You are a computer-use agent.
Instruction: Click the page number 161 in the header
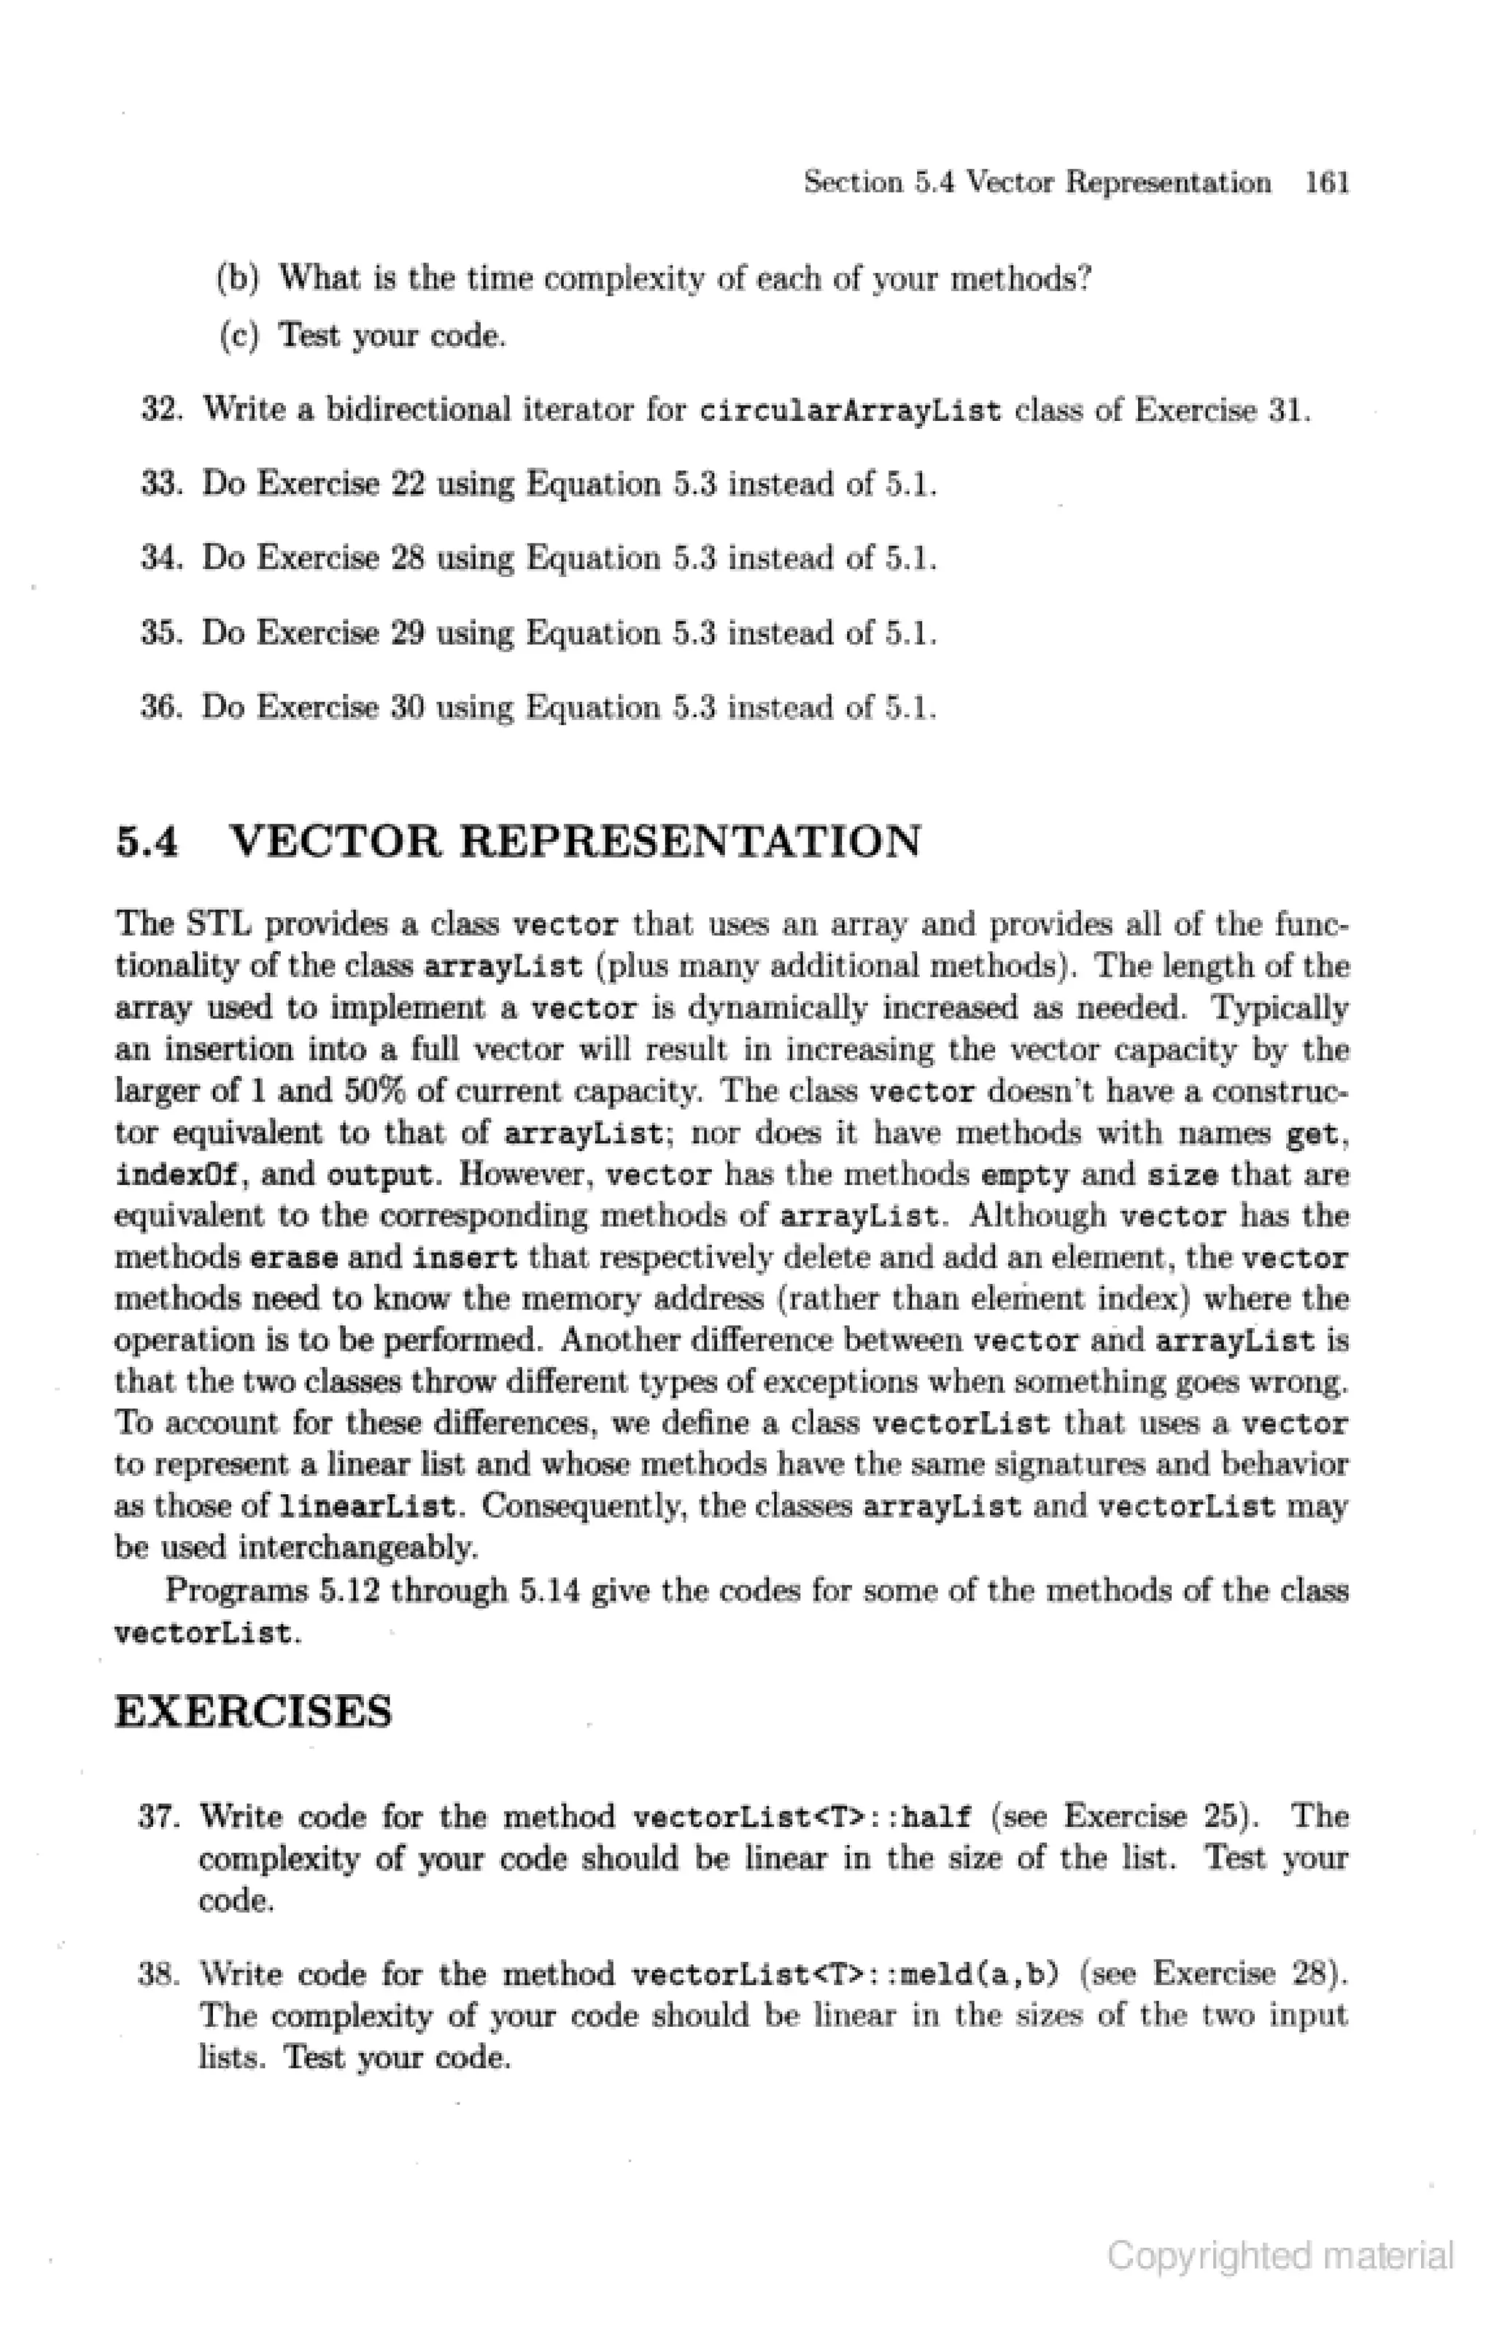point(1327,182)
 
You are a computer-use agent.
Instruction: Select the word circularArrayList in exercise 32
point(850,411)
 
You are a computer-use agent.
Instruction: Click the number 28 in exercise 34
point(408,559)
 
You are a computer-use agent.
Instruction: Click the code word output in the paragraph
point(379,1175)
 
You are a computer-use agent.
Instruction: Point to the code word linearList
point(367,1507)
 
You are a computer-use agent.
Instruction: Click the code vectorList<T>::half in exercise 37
point(801,1817)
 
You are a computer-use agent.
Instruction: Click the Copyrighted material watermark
point(1280,2255)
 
